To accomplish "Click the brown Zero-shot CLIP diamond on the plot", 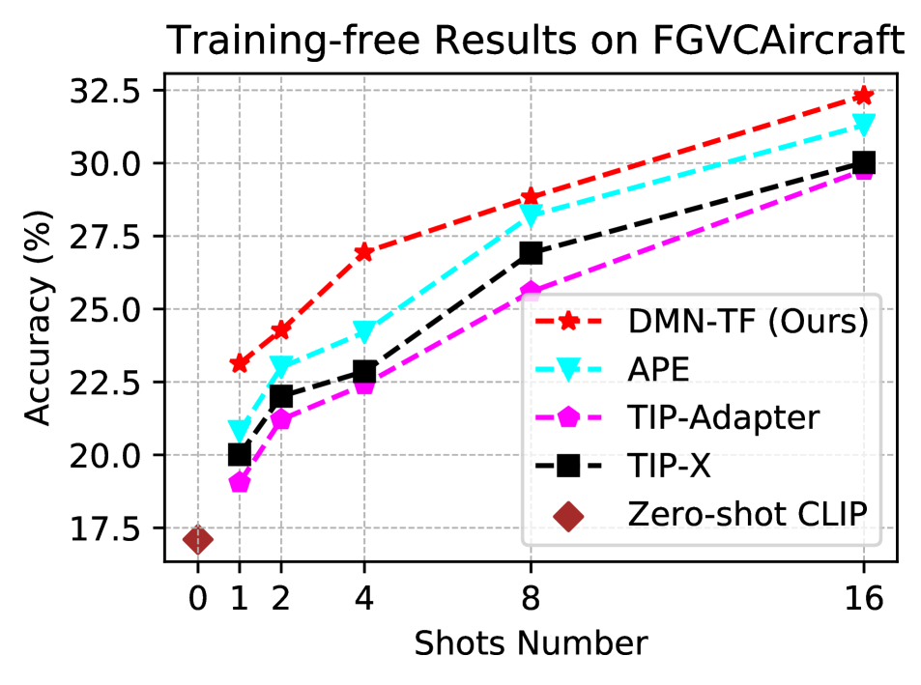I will coord(197,539).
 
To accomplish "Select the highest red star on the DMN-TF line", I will coord(863,96).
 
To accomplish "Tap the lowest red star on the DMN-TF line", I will coord(240,364).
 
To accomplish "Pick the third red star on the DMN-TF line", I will coord(364,252).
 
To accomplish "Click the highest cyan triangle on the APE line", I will coord(863,125).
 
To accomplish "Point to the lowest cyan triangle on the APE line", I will coord(240,430).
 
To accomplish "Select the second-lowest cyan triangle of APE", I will coord(281,366).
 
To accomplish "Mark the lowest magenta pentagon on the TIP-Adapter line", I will coord(240,481).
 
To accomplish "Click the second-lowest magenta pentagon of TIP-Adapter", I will coord(281,419).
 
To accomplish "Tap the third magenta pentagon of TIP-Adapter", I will coord(364,386).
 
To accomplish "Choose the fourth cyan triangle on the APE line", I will coord(531,215).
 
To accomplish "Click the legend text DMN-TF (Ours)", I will coord(748,322).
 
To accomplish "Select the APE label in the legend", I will coord(659,370).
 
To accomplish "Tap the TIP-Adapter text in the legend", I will coord(723,418).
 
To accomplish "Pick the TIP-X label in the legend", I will coord(669,467).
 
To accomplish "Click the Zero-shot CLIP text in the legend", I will coord(747,515).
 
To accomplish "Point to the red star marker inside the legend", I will coord(568,321).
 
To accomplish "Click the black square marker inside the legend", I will coord(568,467).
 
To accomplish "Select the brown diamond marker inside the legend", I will coord(568,516).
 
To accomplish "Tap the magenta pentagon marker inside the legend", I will coord(568,418).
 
